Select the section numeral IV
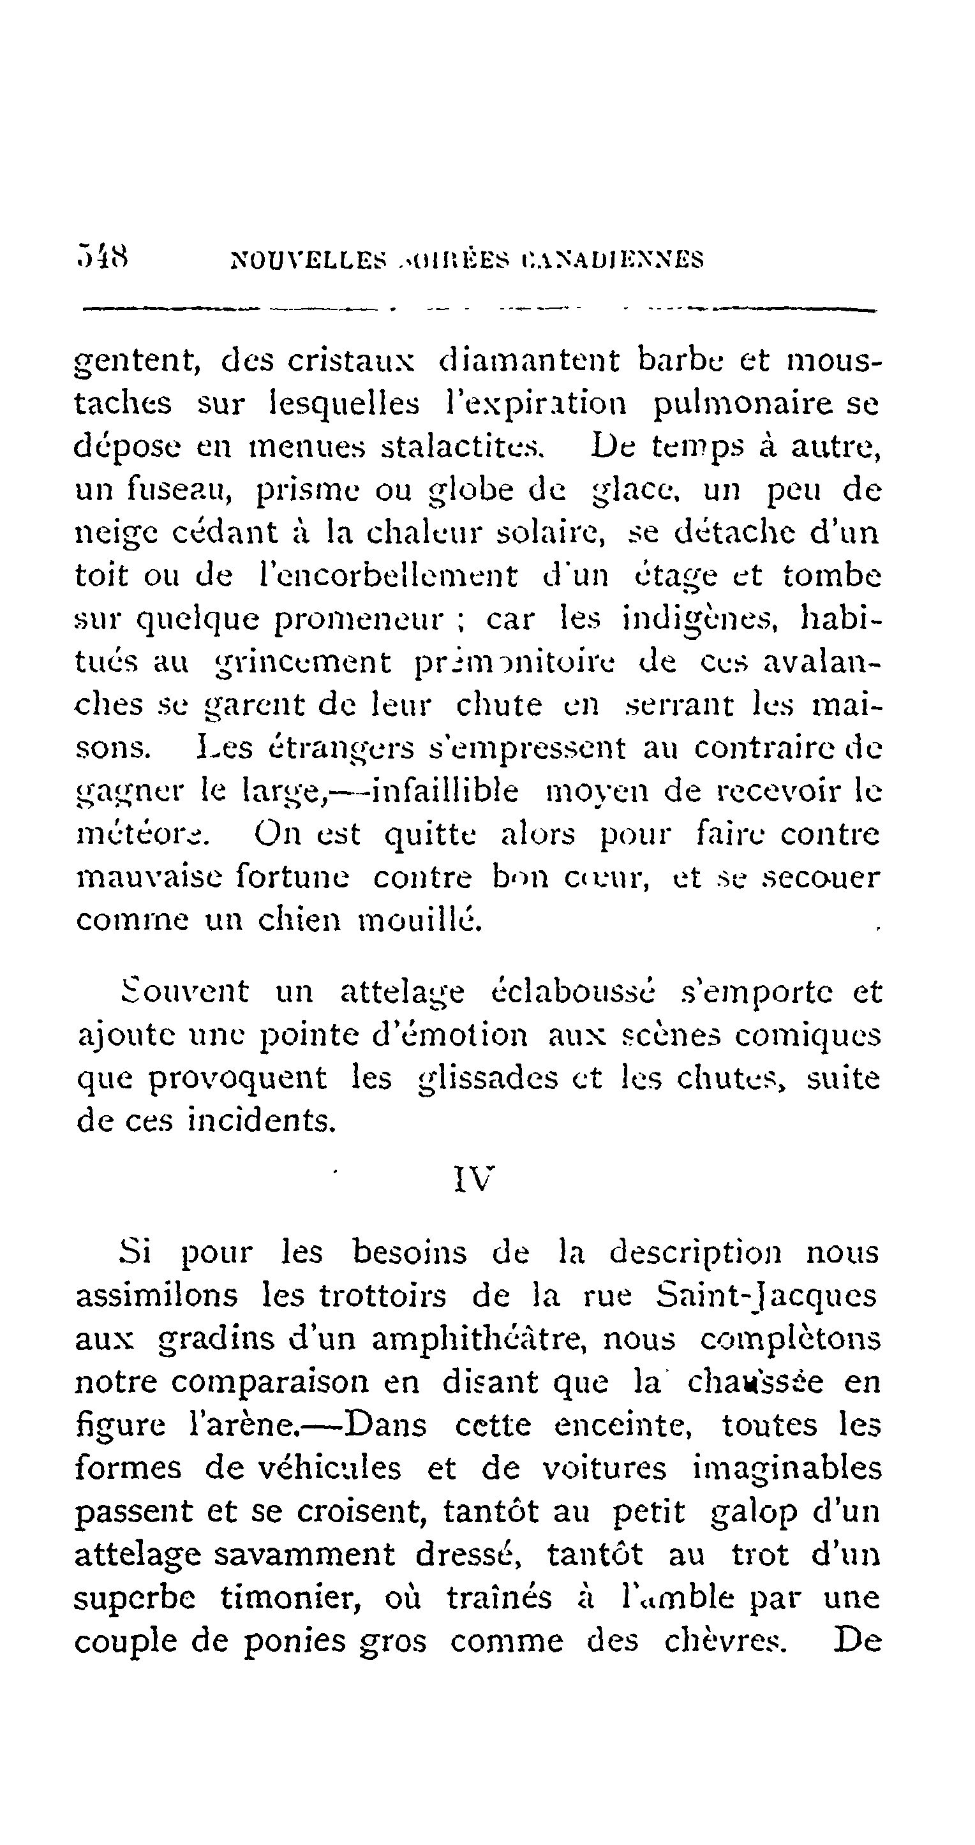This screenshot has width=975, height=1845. (x=473, y=1179)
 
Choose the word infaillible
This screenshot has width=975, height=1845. (x=446, y=792)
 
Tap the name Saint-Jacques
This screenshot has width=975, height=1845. (x=765, y=1296)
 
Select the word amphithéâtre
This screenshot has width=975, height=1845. (x=437, y=1339)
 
